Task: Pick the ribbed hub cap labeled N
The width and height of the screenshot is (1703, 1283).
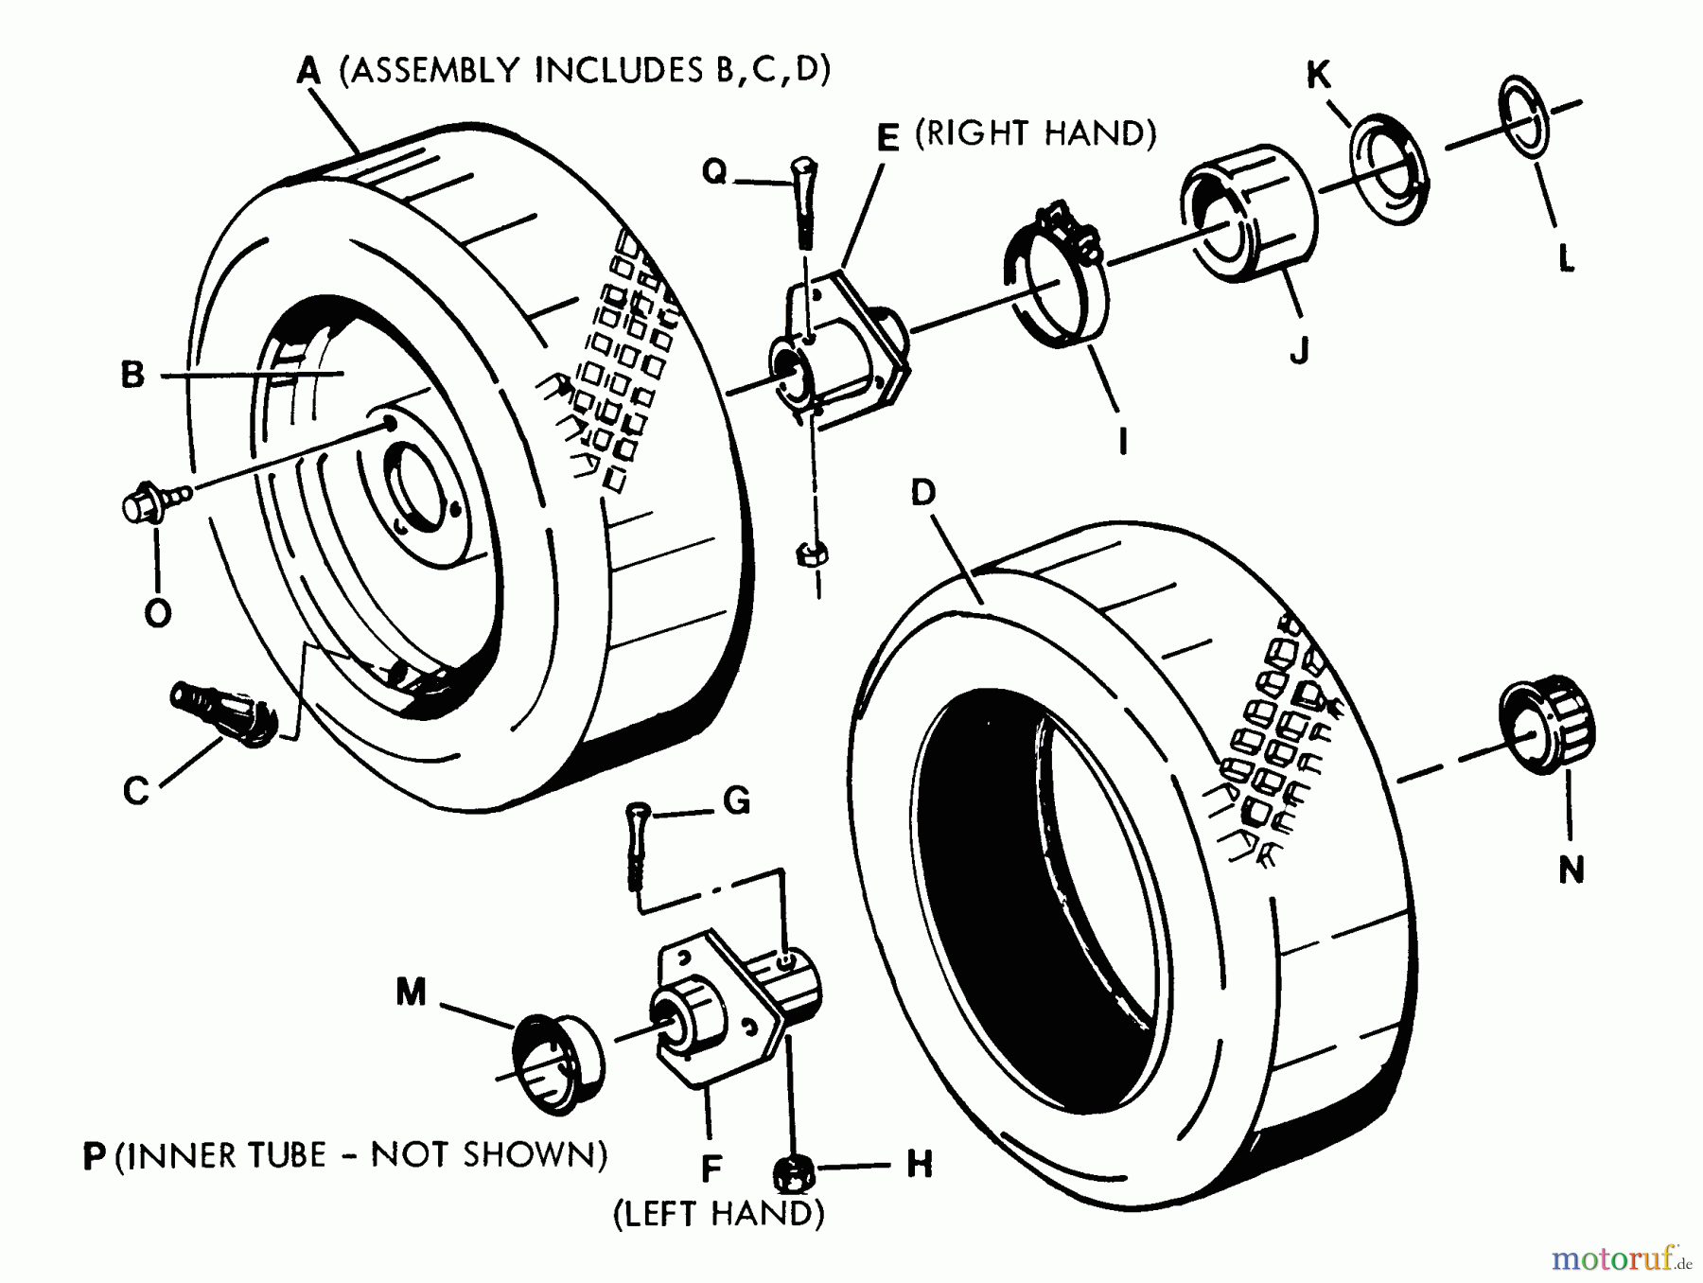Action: click(x=1546, y=723)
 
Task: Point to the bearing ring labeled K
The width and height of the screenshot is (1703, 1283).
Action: click(x=1389, y=171)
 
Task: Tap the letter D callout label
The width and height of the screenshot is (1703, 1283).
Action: click(x=922, y=493)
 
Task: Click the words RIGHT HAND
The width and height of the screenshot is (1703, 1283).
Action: click(x=1037, y=134)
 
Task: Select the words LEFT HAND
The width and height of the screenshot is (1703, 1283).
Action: click(x=719, y=1214)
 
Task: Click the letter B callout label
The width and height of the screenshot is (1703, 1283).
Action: click(x=133, y=375)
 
